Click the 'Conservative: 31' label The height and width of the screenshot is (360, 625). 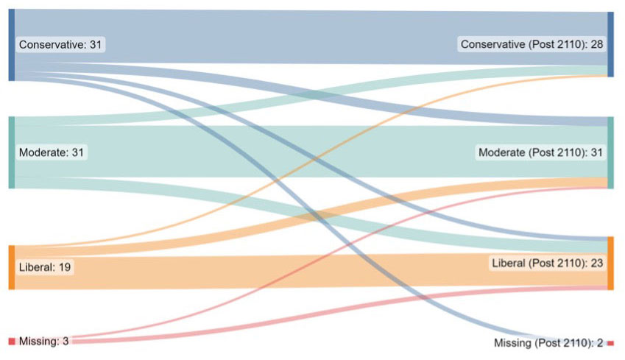click(x=61, y=45)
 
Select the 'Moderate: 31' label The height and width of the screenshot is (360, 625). click(x=52, y=152)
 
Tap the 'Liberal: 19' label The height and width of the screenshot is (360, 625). click(x=45, y=267)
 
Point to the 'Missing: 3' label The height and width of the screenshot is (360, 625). click(x=43, y=341)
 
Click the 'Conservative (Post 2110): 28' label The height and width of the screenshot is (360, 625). click(x=532, y=45)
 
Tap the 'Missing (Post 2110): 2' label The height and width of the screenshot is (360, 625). click(x=548, y=343)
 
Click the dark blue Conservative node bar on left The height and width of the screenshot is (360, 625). click(x=11, y=45)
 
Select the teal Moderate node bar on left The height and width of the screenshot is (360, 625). click(x=11, y=152)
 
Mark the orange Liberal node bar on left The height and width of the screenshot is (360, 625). click(x=11, y=267)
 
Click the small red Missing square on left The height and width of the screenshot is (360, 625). click(x=11, y=341)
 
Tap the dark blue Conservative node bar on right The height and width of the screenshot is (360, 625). click(x=610, y=44)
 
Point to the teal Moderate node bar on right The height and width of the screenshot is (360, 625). click(x=610, y=152)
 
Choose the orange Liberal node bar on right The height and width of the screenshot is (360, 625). click(x=610, y=263)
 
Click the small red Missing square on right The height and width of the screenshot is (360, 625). click(x=610, y=343)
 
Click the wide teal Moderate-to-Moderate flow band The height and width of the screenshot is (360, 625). click(x=294, y=151)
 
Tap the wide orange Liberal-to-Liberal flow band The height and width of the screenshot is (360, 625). click(x=294, y=271)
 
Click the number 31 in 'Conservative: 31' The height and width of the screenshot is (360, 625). click(x=96, y=45)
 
